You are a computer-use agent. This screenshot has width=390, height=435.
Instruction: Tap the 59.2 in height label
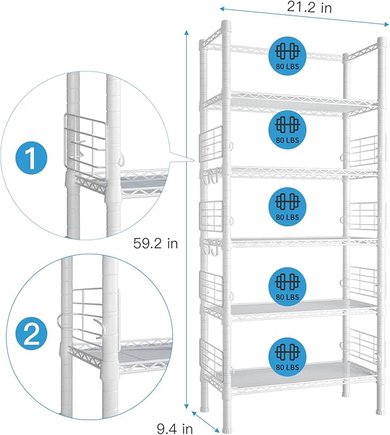[155, 244]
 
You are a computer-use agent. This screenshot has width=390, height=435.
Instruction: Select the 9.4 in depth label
[176, 427]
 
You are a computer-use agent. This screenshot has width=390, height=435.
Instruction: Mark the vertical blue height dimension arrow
[187, 218]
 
